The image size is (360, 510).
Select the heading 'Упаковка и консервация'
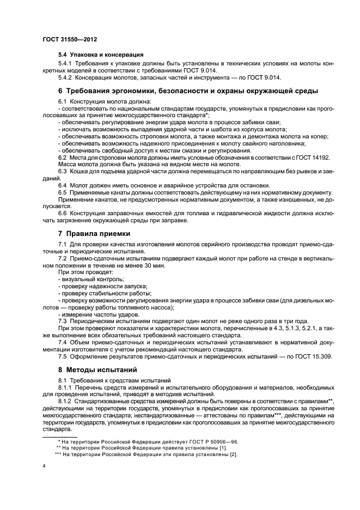click(101, 55)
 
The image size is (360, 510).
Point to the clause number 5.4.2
click(66, 77)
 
